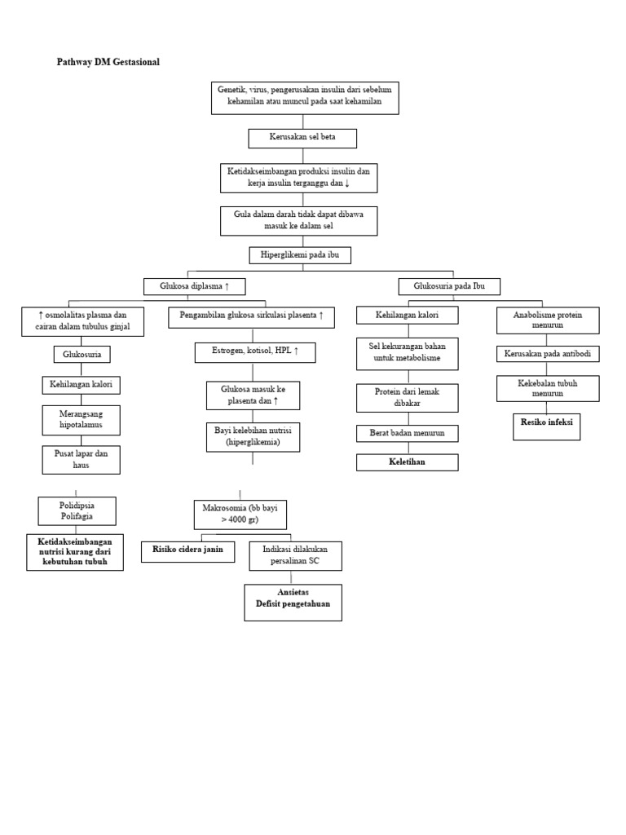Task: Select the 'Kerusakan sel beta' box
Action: [x=302, y=138]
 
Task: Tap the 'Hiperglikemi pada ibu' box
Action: [x=300, y=255]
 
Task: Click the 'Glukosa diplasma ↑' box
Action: [x=194, y=286]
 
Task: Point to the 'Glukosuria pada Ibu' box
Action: [x=449, y=286]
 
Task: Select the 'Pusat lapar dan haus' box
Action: [x=81, y=459]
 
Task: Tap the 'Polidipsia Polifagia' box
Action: [x=77, y=511]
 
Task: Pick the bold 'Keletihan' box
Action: [x=408, y=462]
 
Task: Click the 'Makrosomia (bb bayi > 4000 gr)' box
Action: [x=240, y=515]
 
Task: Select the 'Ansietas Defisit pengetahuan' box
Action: [x=293, y=602]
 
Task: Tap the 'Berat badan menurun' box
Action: [x=408, y=433]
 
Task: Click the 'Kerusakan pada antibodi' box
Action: [x=548, y=354]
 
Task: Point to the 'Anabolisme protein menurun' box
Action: [x=548, y=320]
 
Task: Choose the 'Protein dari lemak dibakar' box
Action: [x=408, y=398]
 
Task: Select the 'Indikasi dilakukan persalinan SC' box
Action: [x=295, y=556]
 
